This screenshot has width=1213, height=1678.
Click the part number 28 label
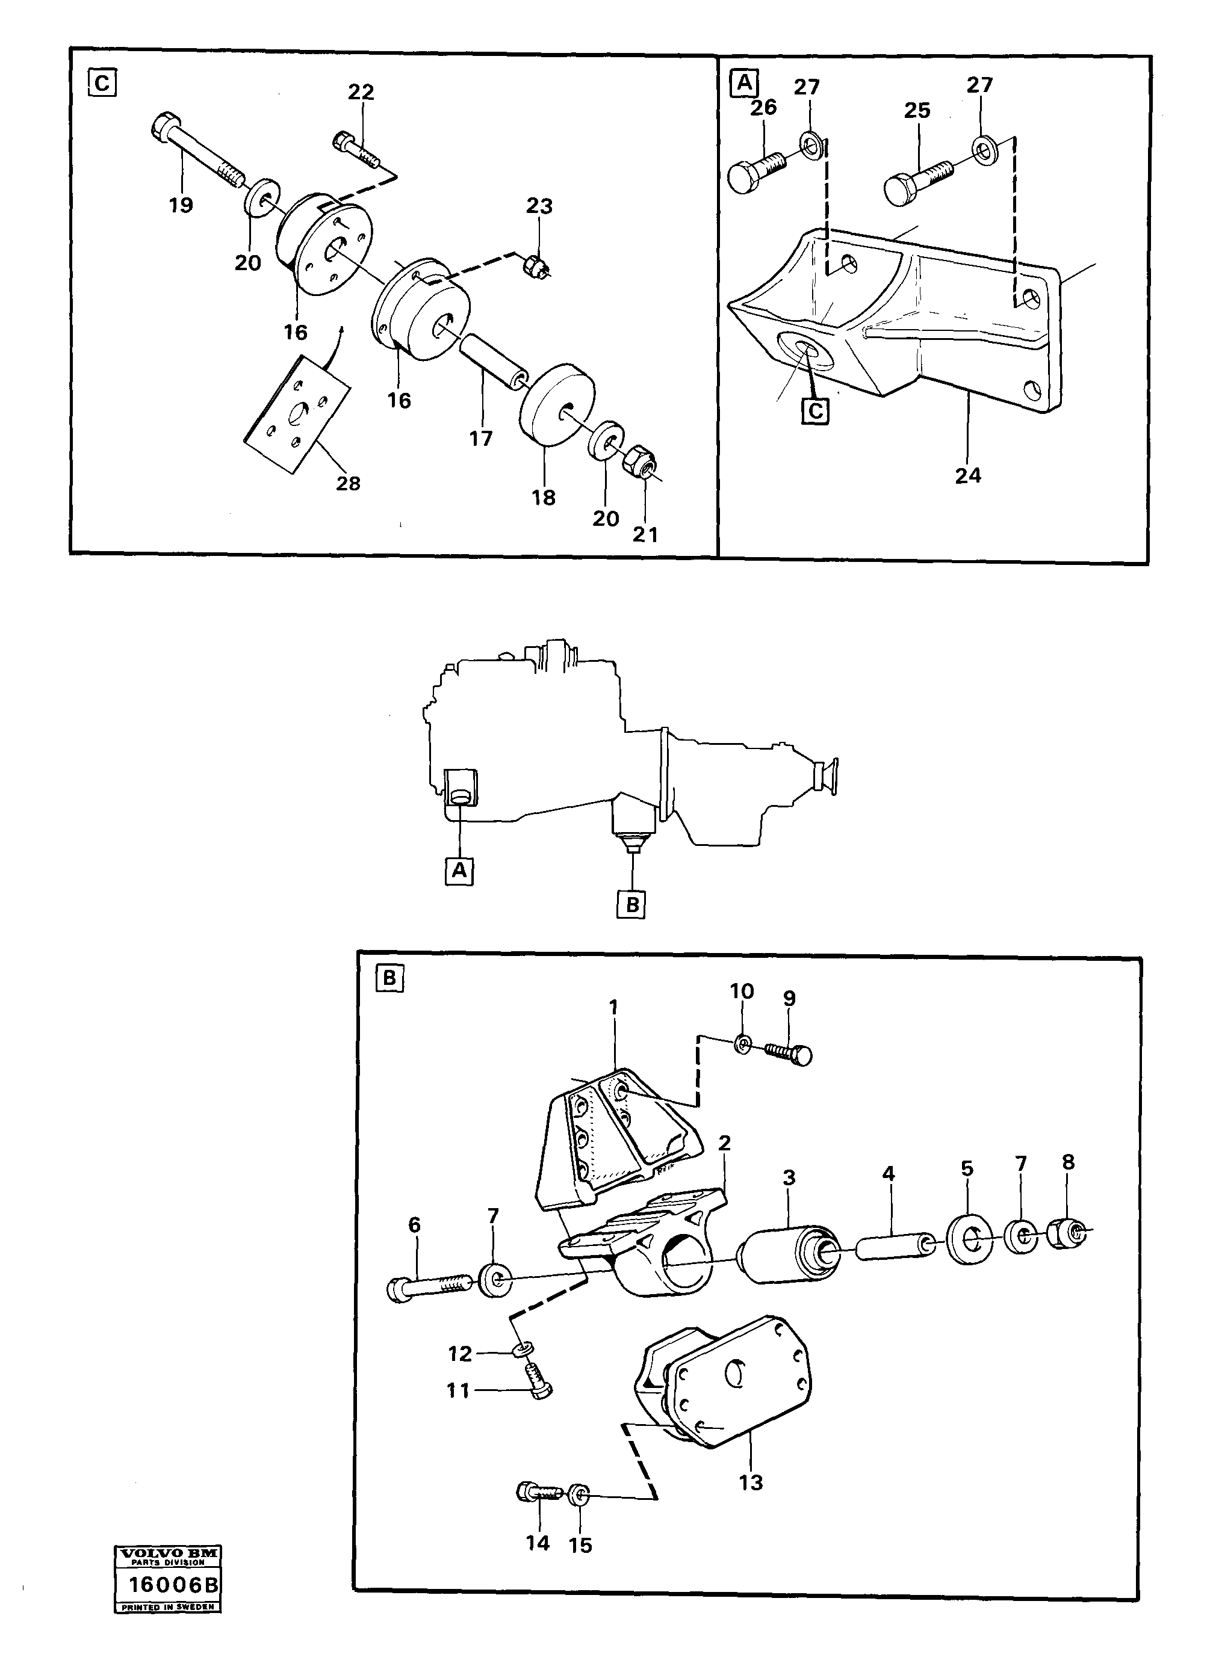(x=348, y=484)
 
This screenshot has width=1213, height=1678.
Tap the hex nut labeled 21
(x=639, y=463)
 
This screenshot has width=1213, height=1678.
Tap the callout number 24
(x=967, y=476)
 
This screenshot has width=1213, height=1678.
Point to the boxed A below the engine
(x=459, y=871)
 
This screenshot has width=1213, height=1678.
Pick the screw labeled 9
(x=789, y=1052)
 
